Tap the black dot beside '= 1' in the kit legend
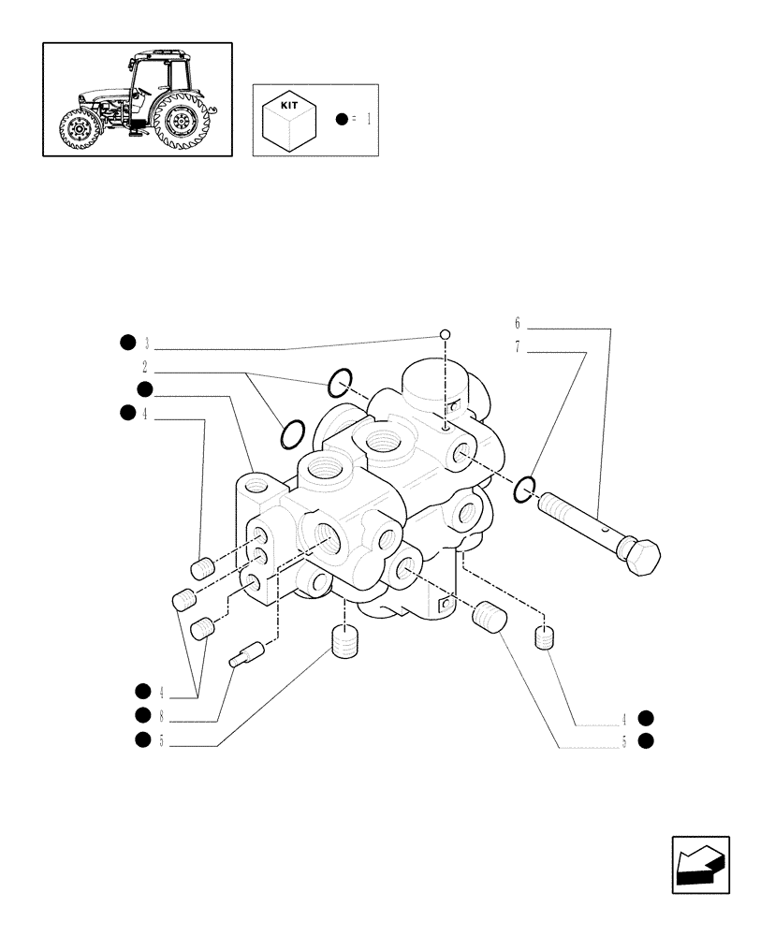(x=342, y=120)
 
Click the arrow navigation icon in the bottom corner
(x=699, y=866)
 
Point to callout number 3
(x=147, y=343)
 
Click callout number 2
(x=145, y=366)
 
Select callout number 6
(x=517, y=323)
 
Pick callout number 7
(x=517, y=347)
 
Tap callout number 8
(x=161, y=716)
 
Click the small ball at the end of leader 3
(x=446, y=335)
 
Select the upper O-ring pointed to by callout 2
(x=340, y=380)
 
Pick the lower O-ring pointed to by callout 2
(x=292, y=432)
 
